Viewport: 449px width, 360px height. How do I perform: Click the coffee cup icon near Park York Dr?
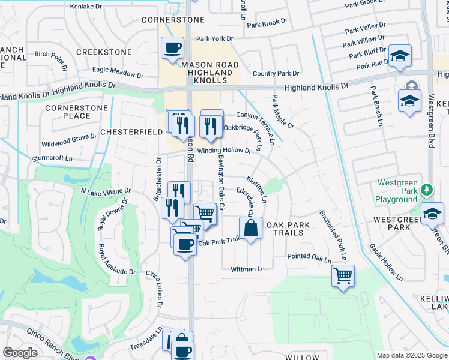coord(173,47)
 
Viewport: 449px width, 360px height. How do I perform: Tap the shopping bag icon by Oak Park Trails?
coord(251,229)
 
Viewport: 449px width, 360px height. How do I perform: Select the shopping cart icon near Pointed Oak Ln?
coord(343,276)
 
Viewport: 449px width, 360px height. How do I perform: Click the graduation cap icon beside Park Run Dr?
coord(400,56)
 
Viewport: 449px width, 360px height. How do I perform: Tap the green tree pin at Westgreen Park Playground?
coord(427,190)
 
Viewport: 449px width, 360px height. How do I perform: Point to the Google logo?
coord(20,353)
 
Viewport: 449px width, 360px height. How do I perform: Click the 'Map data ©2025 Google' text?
coord(411,355)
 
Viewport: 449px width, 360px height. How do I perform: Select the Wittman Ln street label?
coord(248,269)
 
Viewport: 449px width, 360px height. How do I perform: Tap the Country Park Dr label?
coord(276,74)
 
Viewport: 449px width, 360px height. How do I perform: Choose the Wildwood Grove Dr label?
coord(69,140)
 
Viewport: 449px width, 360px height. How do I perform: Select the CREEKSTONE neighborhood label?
coord(104,52)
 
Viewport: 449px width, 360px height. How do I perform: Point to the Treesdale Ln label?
coord(146,340)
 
